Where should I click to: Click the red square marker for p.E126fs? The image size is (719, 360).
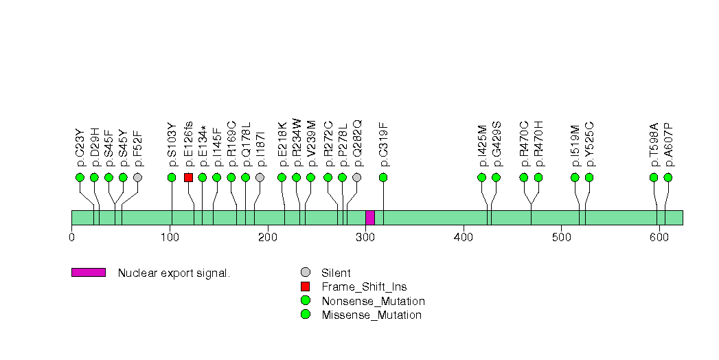click(188, 177)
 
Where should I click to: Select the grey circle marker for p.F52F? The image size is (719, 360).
click(137, 177)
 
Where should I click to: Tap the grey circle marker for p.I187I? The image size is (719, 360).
click(260, 177)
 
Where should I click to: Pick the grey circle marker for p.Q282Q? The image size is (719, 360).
click(356, 177)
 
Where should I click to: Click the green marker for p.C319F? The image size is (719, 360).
click(383, 177)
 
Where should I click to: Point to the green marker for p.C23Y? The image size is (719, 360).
click(80, 177)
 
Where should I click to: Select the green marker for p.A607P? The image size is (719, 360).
click(667, 177)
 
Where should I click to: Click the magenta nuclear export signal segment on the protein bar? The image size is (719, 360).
click(370, 218)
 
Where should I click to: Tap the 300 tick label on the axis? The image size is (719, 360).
click(365, 238)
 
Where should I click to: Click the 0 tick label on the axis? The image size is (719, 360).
click(71, 238)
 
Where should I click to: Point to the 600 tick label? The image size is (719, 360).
click(659, 238)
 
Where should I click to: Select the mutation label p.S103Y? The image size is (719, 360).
click(172, 144)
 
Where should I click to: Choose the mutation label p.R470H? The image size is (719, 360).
click(539, 144)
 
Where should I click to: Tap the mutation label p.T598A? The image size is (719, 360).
click(654, 144)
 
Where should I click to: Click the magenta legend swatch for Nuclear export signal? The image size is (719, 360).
click(88, 273)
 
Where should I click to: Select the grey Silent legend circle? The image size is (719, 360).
click(306, 273)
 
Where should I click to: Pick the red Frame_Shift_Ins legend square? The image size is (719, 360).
click(306, 286)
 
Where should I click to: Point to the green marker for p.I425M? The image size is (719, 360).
click(481, 177)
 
